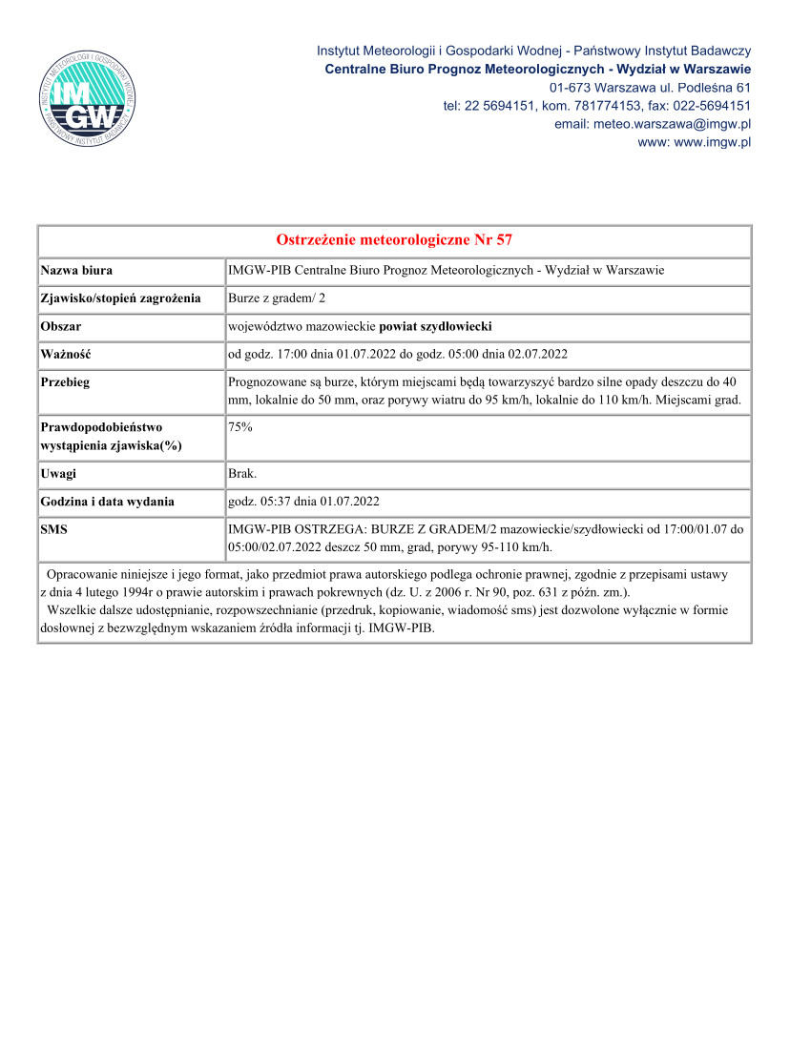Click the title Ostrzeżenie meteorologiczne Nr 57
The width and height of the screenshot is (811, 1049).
[x=394, y=239]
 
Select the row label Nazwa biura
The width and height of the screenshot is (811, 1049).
[x=76, y=271]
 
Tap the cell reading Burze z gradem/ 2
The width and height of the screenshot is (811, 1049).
[x=277, y=298]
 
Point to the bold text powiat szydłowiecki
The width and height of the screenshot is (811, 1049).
[x=435, y=326]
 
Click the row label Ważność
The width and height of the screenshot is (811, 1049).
[x=65, y=354]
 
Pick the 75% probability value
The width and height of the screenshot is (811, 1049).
[x=240, y=428]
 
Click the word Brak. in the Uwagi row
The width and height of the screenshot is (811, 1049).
[x=243, y=474]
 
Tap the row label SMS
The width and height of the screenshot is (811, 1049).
[x=54, y=529]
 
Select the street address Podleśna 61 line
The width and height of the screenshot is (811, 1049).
[x=649, y=88]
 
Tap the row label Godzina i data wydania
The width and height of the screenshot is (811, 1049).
[x=107, y=502]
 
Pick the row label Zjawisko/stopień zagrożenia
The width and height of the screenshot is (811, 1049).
[x=120, y=298]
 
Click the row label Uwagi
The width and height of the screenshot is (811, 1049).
[x=58, y=474]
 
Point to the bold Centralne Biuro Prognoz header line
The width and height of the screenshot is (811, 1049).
[x=537, y=70]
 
